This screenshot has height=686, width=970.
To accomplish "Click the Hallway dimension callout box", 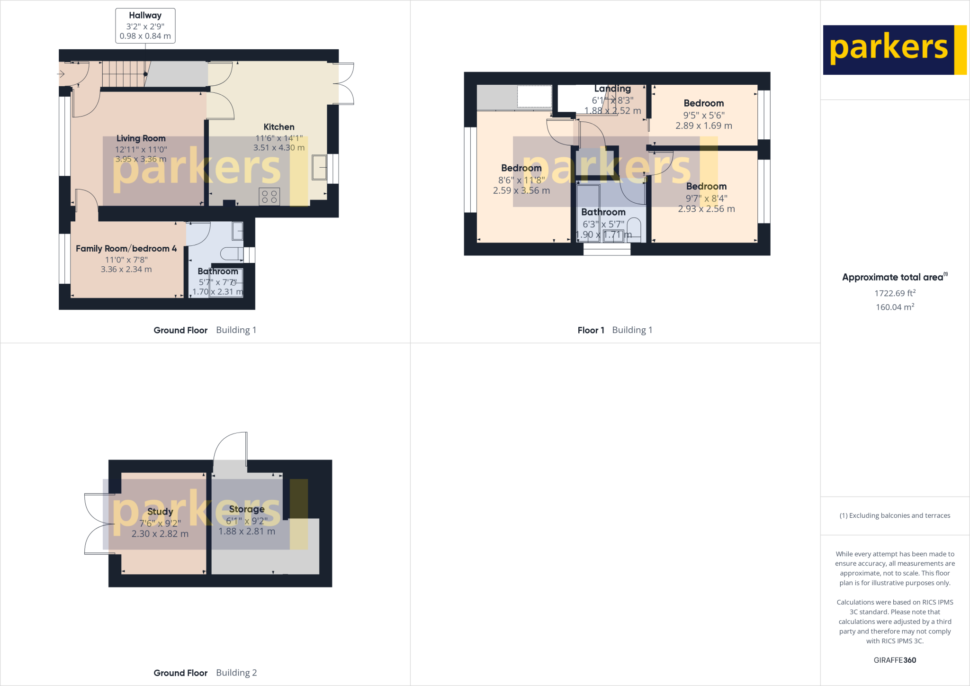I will (x=145, y=26).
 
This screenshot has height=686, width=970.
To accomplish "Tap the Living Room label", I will (x=141, y=138).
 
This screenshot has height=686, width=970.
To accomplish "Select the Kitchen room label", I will (x=279, y=127).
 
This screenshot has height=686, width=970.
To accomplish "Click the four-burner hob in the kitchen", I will (x=269, y=197).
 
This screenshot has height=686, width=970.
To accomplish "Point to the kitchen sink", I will (x=319, y=167).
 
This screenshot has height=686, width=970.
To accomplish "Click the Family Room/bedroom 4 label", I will (x=126, y=249).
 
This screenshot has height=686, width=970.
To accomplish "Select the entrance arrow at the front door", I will (x=61, y=74).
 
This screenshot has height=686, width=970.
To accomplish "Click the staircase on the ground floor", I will (x=123, y=74).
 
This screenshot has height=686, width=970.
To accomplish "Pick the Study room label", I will (x=160, y=512).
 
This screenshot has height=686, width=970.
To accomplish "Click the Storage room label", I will (x=247, y=509).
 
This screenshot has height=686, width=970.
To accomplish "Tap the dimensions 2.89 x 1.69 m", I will (x=704, y=126).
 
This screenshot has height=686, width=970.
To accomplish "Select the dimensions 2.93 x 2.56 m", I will (x=706, y=209).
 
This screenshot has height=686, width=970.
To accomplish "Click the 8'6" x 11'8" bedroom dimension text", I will (x=521, y=180).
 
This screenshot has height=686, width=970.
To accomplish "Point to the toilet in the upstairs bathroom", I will (x=634, y=228).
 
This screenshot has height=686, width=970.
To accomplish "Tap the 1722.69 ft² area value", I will (x=895, y=293).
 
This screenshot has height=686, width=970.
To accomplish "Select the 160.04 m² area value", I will (x=895, y=307).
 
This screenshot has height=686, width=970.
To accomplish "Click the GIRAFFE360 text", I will (x=895, y=660).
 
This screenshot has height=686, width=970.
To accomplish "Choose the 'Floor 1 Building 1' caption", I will (x=615, y=330).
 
